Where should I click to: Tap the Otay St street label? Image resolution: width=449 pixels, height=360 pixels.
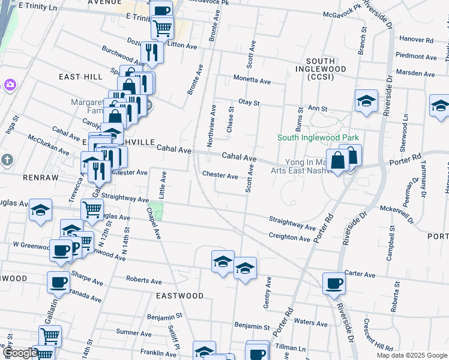(x=249, y=103)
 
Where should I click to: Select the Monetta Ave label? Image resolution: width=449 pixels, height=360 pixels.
(x=252, y=81)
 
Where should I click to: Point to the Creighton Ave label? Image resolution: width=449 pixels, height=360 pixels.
(x=289, y=237)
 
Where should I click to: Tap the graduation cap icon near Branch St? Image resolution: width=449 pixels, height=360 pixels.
(x=366, y=101)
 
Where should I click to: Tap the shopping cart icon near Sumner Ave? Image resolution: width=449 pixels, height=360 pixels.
(x=50, y=336)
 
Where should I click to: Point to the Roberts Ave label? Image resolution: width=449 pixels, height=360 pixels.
(x=144, y=280)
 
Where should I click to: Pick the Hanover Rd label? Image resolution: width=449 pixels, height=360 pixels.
(x=417, y=40)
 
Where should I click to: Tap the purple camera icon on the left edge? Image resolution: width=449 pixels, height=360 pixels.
(x=10, y=85)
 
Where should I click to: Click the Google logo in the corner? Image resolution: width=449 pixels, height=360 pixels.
(x=19, y=353)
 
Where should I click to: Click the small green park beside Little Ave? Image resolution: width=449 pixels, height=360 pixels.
(x=156, y=211)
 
